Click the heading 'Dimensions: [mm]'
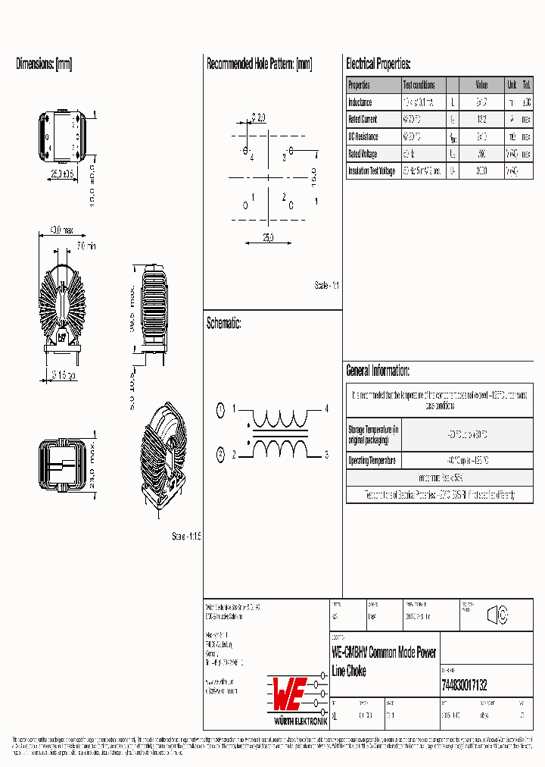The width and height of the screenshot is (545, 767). pyautogui.click(x=44, y=64)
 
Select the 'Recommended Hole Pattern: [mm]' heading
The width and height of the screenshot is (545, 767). pyautogui.click(x=259, y=64)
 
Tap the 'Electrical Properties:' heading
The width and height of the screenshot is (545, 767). pyautogui.click(x=378, y=64)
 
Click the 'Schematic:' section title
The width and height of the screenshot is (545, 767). pyautogui.click(x=224, y=324)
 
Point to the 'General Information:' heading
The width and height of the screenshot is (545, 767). pyautogui.click(x=378, y=371)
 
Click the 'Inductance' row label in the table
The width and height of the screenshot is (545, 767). pyautogui.click(x=360, y=102)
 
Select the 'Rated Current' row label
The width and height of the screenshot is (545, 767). pyautogui.click(x=363, y=120)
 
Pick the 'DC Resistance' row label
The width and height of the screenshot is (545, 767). pyautogui.click(x=363, y=137)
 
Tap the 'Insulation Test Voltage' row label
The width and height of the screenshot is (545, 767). pyautogui.click(x=372, y=171)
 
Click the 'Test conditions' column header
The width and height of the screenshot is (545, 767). pyautogui.click(x=419, y=85)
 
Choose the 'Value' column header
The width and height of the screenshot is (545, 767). pyautogui.click(x=481, y=85)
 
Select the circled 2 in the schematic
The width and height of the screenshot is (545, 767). pyautogui.click(x=220, y=455)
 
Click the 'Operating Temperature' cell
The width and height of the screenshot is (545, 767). pyautogui.click(x=372, y=461)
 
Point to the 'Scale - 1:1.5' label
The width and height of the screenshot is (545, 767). pyautogui.click(x=186, y=536)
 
